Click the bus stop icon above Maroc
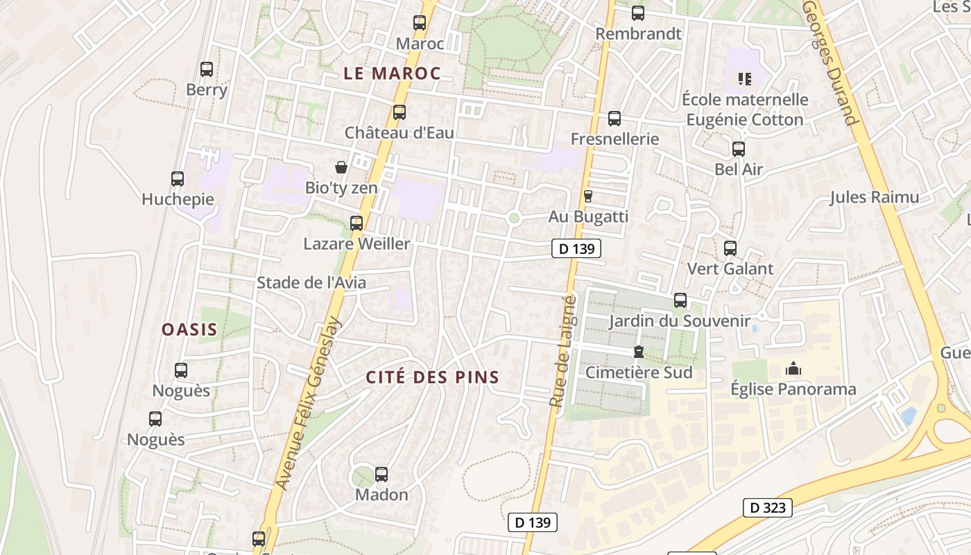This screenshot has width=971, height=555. pyautogui.click(x=420, y=23)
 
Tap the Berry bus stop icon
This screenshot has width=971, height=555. pyautogui.click(x=207, y=69)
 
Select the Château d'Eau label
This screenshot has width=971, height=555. pyautogui.click(x=399, y=133)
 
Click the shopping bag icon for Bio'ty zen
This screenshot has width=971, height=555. pyautogui.click(x=341, y=167)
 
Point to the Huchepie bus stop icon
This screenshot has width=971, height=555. pyautogui.click(x=178, y=179)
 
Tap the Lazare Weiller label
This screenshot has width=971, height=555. pyautogui.click(x=356, y=244)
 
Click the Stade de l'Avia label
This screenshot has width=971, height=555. pyautogui.click(x=311, y=283)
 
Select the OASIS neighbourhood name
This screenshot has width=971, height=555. pyautogui.click(x=189, y=330)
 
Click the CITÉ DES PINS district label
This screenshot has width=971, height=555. pyautogui.click(x=432, y=377)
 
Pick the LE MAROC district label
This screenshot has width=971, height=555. pyautogui.click(x=392, y=74)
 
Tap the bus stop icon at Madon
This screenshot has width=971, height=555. pyautogui.click(x=381, y=475)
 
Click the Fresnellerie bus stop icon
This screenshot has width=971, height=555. pyautogui.click(x=615, y=119)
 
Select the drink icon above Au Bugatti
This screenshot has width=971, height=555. pyautogui.click(x=588, y=196)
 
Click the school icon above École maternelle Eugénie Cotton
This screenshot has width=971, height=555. pyautogui.click(x=745, y=79)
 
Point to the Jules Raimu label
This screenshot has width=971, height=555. pyautogui.click(x=875, y=198)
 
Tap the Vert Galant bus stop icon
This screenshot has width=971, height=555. pyautogui.click(x=730, y=248)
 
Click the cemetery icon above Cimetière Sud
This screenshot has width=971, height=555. pyautogui.click(x=639, y=352)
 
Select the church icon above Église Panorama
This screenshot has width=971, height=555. pyautogui.click(x=793, y=369)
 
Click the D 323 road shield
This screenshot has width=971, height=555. pyautogui.click(x=768, y=508)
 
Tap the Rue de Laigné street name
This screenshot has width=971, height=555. pyautogui.click(x=562, y=350)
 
